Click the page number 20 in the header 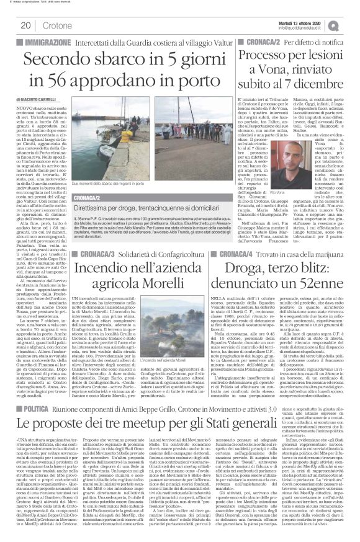point(26,25)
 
